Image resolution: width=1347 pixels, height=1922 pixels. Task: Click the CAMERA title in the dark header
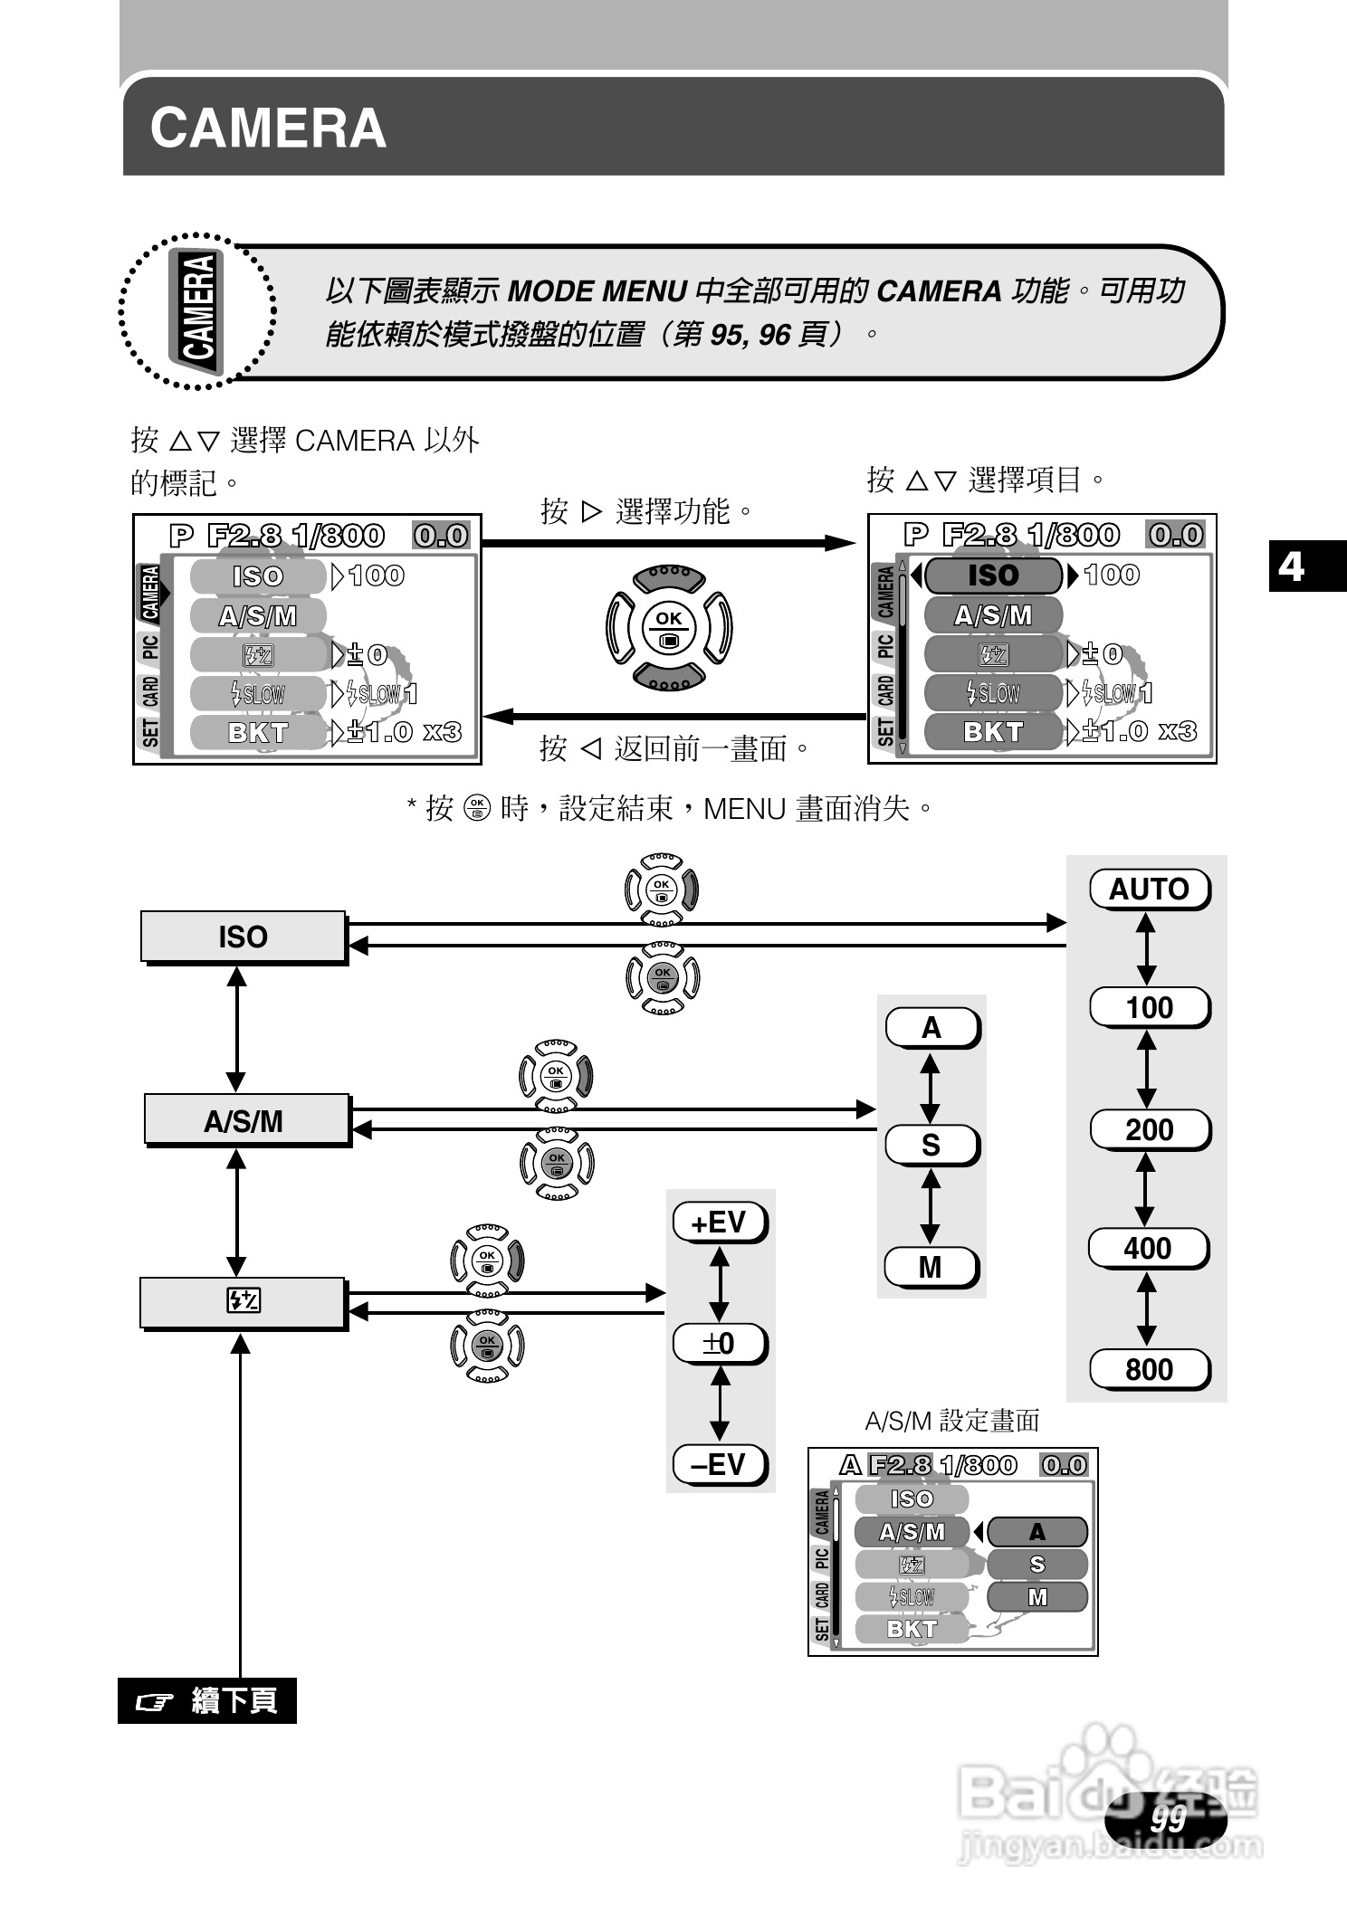coord(268,128)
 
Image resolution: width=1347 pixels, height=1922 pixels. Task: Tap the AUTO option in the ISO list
coord(1149,889)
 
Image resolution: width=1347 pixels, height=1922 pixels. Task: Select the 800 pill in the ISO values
coord(1149,1369)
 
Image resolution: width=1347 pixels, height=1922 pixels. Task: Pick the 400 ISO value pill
coord(1147,1249)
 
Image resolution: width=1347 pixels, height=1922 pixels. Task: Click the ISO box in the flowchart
coord(243,937)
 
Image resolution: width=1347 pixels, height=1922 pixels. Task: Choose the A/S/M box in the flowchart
coord(246,1120)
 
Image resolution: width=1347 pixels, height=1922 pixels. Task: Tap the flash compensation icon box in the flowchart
coord(243,1301)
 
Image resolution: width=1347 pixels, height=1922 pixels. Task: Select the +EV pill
coord(719,1223)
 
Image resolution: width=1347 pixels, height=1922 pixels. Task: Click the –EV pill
coord(719,1463)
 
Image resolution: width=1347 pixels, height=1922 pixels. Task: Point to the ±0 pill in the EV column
coord(719,1343)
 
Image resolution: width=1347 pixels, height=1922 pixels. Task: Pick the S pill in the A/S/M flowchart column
coord(931,1146)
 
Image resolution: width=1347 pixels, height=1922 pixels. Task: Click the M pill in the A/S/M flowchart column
coord(931,1267)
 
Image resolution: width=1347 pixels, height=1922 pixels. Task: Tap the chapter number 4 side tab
coord(1293,566)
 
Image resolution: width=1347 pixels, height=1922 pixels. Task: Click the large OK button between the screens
coord(669,627)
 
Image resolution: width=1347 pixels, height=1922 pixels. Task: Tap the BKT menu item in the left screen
coord(258,732)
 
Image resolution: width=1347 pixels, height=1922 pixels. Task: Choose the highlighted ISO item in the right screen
coord(993,575)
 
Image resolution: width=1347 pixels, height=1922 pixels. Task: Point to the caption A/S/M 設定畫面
coord(952,1421)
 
